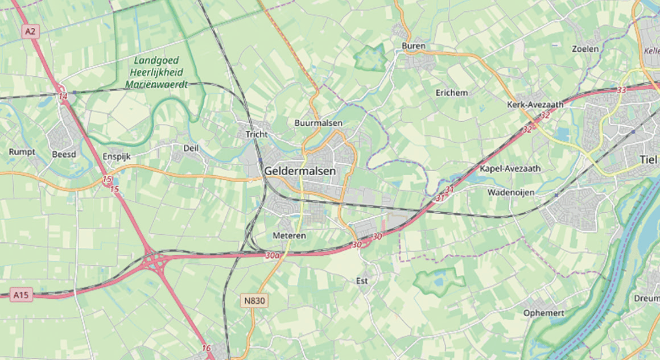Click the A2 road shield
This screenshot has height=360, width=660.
coord(30,32)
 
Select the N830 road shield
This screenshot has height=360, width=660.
coord(253,301)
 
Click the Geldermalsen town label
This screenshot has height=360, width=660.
coord(300,171)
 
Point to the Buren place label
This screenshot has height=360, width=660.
coord(413,46)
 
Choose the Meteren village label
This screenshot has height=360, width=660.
coord(289,235)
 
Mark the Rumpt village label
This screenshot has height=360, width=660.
coord(22,152)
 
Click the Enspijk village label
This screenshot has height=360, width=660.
coord(117,156)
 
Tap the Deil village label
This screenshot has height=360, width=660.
coord(191,148)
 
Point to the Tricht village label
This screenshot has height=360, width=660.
coord(255,135)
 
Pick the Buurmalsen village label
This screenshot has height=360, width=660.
coord(318,123)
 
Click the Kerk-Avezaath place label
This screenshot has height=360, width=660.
coord(535,105)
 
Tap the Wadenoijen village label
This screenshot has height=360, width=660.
coord(510,193)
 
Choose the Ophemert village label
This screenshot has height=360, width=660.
coord(543,313)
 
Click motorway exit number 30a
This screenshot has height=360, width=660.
coord(272,256)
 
